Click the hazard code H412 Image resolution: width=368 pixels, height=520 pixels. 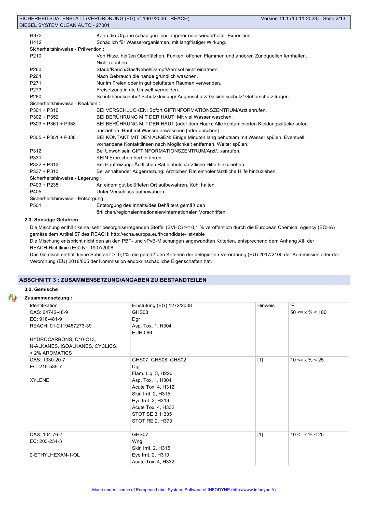[36, 42]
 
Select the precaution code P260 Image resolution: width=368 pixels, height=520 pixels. [36, 69]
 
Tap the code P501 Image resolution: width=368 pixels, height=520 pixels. [36, 205]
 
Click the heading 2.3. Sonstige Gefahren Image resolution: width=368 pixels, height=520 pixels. [51, 220]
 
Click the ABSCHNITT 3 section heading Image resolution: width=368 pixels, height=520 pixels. [113, 280]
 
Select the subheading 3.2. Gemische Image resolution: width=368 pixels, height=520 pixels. [41, 289]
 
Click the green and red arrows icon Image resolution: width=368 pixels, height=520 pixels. [12, 298]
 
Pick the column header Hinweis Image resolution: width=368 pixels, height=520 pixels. [266, 305]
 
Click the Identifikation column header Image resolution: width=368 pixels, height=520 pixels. [44, 305]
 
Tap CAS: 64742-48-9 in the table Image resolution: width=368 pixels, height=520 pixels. [49, 312]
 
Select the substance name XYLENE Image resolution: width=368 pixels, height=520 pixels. [39, 380]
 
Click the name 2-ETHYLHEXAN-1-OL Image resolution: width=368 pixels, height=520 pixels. [55, 455]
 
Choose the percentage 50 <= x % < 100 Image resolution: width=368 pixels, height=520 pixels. [308, 312]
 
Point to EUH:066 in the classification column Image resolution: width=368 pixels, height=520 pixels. [142, 333]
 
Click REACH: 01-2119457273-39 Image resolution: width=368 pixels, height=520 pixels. [61, 326]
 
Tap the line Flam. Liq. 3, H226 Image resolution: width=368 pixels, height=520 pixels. [152, 373]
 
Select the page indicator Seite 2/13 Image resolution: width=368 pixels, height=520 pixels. [334, 19]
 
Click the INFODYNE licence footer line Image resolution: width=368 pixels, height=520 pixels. [184, 489]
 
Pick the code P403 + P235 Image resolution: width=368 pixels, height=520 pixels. [44, 185]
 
